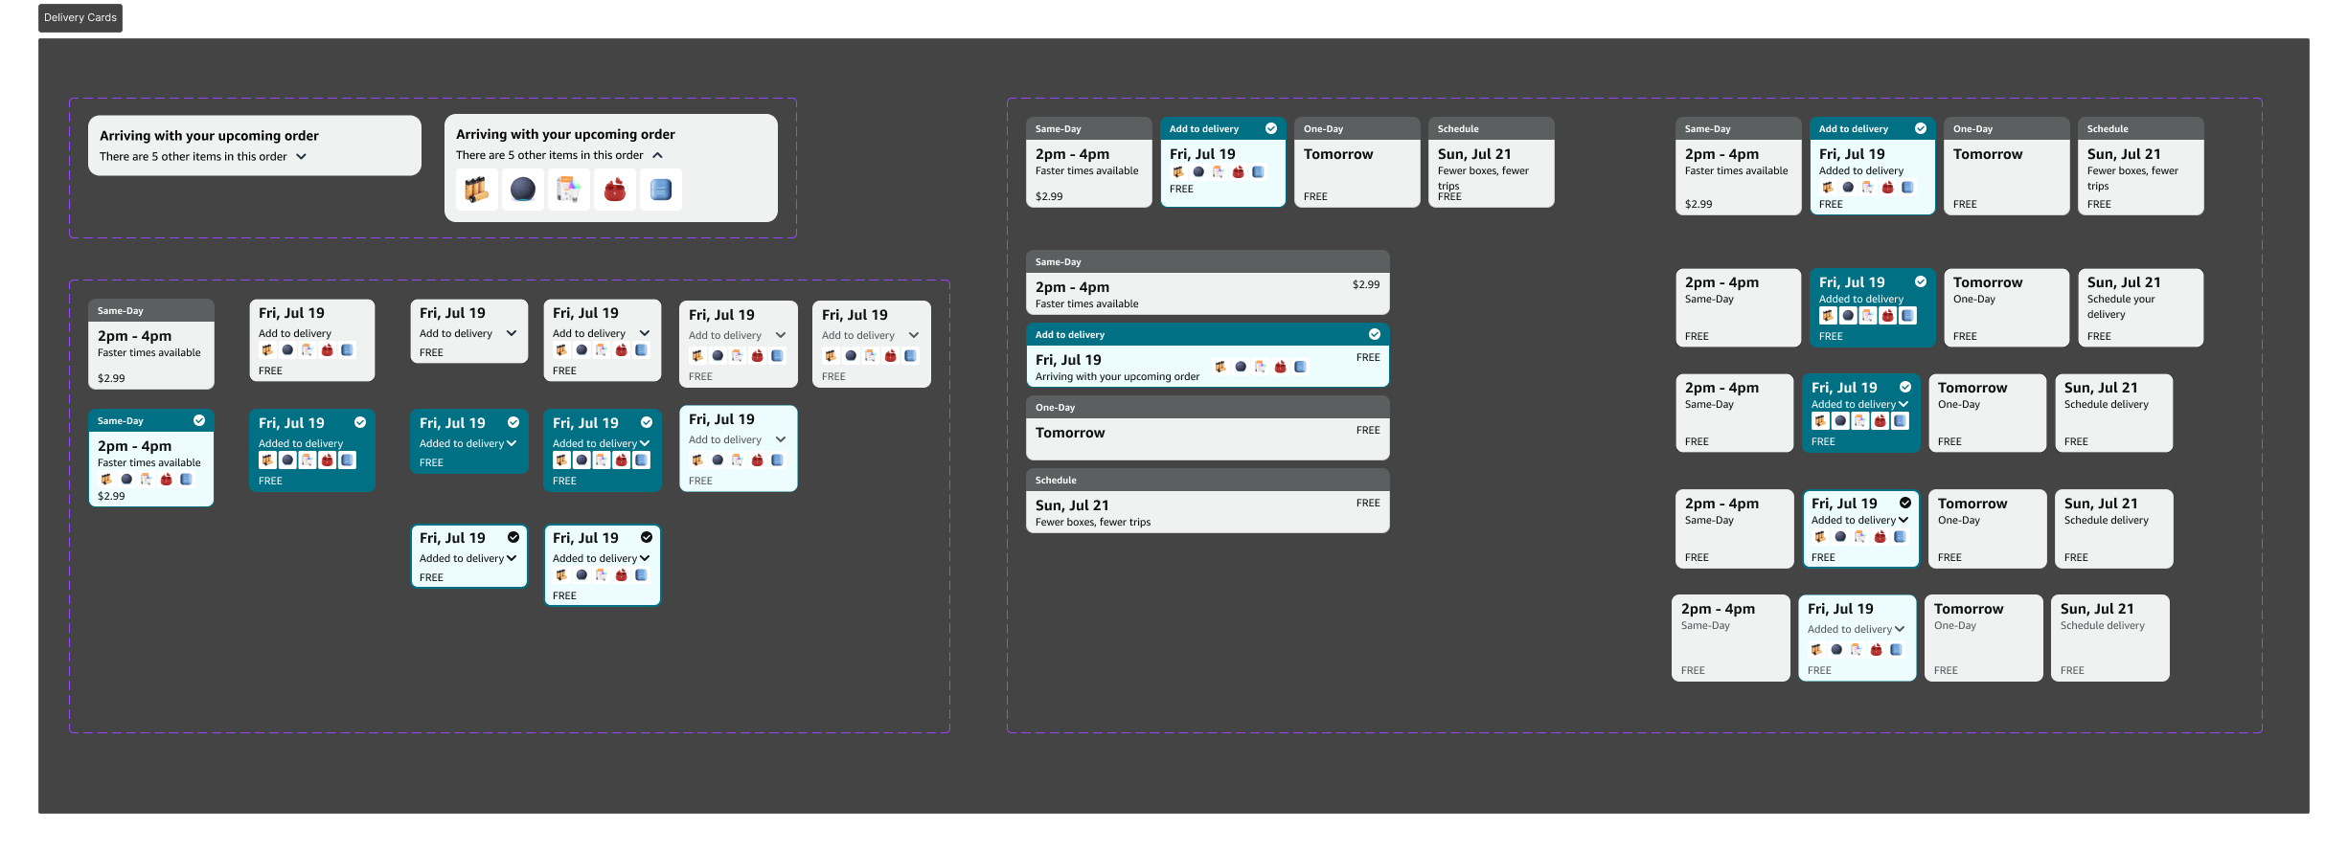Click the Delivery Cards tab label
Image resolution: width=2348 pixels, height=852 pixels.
[80, 17]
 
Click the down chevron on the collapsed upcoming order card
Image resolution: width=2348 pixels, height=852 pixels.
[301, 156]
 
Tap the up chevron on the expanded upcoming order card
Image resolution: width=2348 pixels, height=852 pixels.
[657, 155]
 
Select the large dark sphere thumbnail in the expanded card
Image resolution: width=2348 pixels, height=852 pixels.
[523, 190]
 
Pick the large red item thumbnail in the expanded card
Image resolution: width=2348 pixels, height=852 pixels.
[615, 190]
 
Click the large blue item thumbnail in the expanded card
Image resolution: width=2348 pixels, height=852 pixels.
[661, 190]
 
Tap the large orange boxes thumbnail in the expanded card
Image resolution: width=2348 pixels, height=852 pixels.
[477, 190]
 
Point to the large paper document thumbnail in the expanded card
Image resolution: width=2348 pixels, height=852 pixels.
[569, 190]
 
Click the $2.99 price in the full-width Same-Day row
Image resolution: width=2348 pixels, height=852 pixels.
[1366, 284]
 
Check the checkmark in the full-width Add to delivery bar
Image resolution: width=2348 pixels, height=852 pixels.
[1375, 334]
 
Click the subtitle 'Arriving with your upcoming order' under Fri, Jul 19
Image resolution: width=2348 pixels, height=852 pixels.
[1117, 377]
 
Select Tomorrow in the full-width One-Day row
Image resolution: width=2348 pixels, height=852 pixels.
[1070, 433]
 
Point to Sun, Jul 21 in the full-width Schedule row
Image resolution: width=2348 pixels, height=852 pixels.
[1072, 505]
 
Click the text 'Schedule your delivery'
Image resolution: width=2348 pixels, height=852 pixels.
[2121, 306]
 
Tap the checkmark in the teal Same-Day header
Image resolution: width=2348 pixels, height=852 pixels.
[199, 420]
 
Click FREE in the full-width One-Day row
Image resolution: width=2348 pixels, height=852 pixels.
[1368, 430]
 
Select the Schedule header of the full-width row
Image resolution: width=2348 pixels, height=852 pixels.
[1056, 481]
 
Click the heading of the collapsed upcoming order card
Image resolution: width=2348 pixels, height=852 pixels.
[209, 136]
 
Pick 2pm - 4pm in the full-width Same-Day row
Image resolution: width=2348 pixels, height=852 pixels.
[1072, 287]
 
